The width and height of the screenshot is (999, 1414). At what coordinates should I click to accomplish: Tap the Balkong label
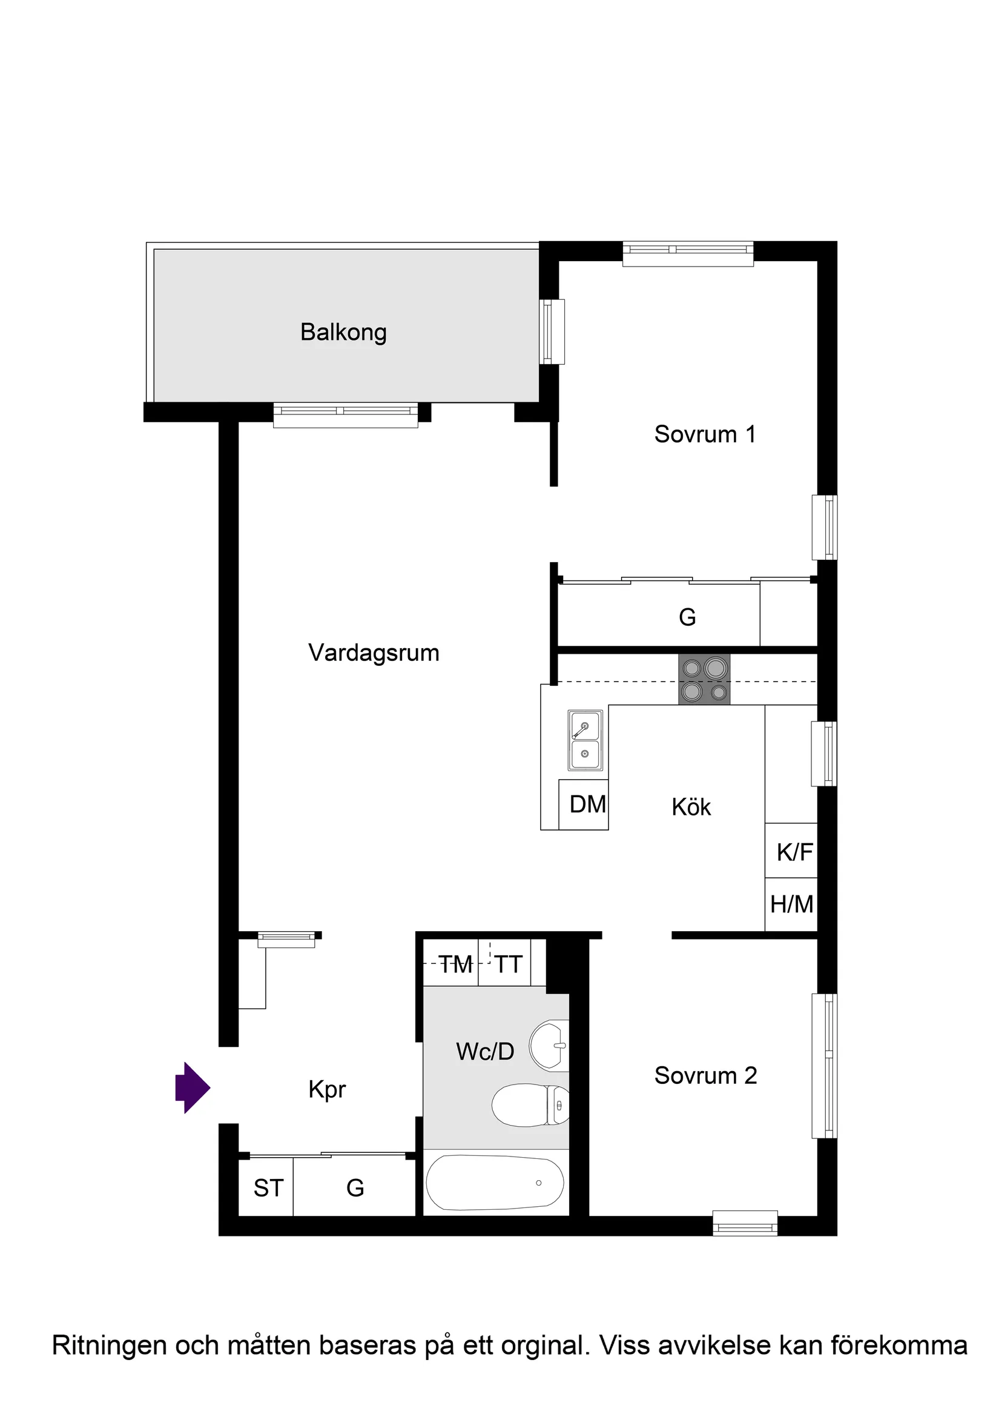[x=343, y=332]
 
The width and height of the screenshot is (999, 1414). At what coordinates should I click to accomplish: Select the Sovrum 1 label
[x=704, y=434]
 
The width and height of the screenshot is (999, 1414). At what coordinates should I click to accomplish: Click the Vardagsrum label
[x=374, y=653]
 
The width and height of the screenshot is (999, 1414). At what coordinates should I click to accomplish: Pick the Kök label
[x=691, y=807]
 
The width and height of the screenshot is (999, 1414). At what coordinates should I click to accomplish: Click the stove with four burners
[x=704, y=679]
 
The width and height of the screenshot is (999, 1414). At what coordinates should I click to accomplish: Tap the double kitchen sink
[x=585, y=740]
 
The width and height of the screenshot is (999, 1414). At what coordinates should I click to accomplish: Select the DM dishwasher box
[x=587, y=805]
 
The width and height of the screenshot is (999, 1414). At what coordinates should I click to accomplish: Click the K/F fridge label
[x=794, y=852]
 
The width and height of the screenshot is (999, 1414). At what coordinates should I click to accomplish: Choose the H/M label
[x=791, y=904]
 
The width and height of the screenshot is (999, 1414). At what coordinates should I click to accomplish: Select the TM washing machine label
[x=455, y=964]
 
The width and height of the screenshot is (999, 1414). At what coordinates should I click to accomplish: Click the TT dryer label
[x=509, y=964]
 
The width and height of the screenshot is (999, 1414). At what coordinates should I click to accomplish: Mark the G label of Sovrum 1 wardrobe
[x=687, y=617]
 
